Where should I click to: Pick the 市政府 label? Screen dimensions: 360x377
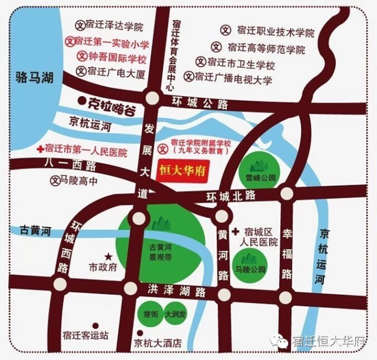point(105,265)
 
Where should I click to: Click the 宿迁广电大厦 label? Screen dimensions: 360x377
point(115,71)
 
